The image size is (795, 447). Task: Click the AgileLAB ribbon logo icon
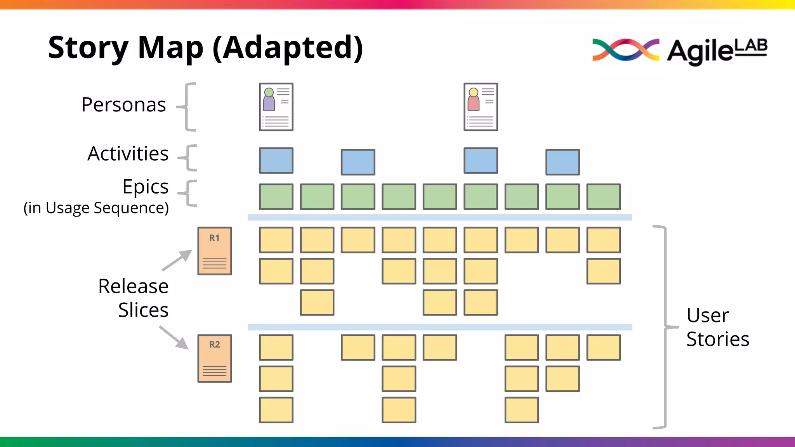625,50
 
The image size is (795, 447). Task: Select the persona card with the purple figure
276,107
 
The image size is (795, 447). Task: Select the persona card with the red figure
481,107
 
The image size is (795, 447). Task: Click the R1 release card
215,251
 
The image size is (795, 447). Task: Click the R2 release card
215,359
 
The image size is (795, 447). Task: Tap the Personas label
123,105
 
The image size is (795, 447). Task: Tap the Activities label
128,154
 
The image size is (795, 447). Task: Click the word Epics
146,187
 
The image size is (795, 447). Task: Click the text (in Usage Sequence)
96,208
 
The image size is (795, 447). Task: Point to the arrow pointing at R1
177,260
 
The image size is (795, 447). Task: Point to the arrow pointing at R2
174,338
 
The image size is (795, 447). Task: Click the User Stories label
717,327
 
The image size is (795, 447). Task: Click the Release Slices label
134,298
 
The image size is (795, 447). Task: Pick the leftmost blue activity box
276,160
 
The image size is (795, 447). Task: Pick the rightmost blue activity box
562,162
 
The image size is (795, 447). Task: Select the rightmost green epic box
603,197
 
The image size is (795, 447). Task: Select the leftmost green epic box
276,197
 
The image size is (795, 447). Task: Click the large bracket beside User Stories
665,327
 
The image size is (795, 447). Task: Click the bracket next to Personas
188,107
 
